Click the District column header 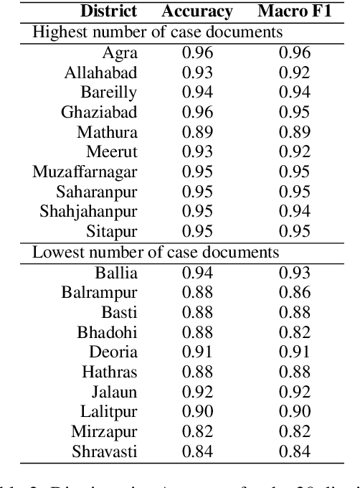click(108, 11)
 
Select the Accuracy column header click(197, 11)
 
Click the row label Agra click(120, 52)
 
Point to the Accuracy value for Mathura click(197, 132)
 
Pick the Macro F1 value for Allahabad click(295, 72)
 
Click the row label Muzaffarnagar click(85, 172)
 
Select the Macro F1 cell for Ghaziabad click(295, 113)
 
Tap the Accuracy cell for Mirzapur click(197, 431)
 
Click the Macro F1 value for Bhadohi click(295, 332)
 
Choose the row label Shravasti click(105, 451)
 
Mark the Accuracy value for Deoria click(197, 352)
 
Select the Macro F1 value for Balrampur click(295, 292)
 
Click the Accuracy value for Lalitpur click(197, 411)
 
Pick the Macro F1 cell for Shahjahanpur click(295, 212)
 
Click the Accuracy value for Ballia click(197, 272)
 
